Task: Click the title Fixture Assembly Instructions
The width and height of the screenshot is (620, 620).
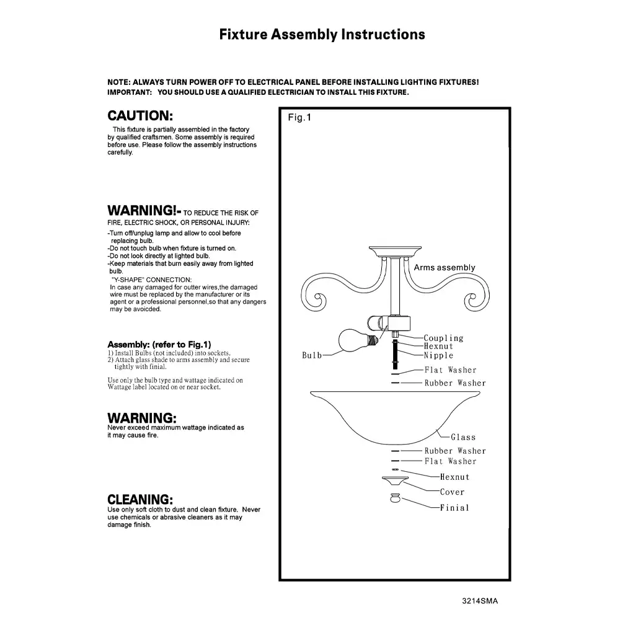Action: (x=322, y=34)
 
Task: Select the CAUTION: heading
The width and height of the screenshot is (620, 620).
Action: (x=140, y=116)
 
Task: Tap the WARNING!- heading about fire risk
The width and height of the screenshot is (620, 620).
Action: (x=143, y=210)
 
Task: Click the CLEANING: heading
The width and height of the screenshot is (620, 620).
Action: (x=140, y=500)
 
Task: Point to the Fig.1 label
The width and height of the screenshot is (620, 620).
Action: (x=299, y=118)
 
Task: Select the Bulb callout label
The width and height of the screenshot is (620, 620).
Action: (x=312, y=355)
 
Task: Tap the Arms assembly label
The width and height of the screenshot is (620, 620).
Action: (x=445, y=268)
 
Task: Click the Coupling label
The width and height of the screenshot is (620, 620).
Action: (x=443, y=338)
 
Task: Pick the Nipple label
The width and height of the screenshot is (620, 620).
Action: (x=439, y=355)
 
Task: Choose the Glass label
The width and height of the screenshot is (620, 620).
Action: (x=463, y=437)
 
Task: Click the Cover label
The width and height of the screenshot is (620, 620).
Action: (x=452, y=492)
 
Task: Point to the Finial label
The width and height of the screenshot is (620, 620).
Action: (x=454, y=508)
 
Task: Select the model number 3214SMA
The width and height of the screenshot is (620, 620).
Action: (x=480, y=601)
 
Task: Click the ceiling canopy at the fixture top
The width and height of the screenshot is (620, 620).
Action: (x=396, y=251)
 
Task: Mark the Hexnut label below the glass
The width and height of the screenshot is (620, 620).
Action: (x=454, y=477)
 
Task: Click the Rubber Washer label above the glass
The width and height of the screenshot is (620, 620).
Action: (x=455, y=383)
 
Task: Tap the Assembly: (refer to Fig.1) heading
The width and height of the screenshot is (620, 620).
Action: (x=160, y=344)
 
